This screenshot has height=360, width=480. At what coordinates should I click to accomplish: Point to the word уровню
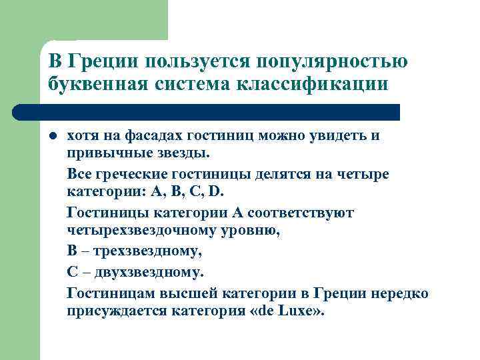point(251,231)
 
